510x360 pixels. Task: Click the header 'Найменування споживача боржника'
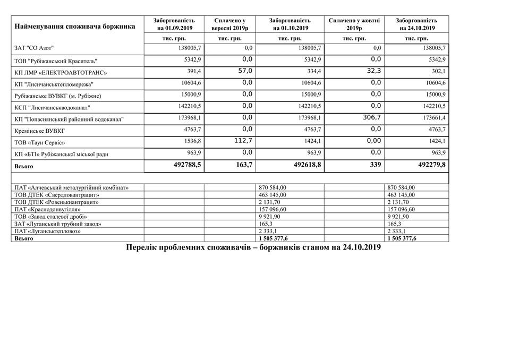[75, 25]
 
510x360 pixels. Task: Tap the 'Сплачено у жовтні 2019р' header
[354, 24]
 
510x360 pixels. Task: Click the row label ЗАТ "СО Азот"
[35, 48]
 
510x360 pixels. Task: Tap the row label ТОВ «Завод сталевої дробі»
[51, 217]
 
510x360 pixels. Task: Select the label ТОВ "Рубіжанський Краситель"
[56, 60]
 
